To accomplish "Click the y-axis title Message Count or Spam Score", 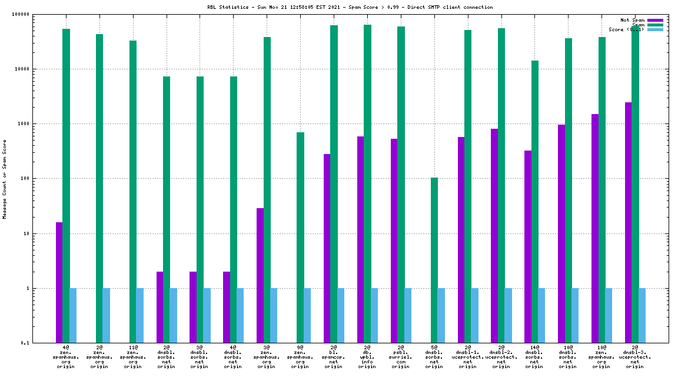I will coord(5,179).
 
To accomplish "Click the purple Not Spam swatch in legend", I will coord(655,20).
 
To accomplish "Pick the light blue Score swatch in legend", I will coord(655,29).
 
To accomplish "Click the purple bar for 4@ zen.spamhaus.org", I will coord(59,282).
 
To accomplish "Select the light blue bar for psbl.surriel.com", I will coord(407,315).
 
